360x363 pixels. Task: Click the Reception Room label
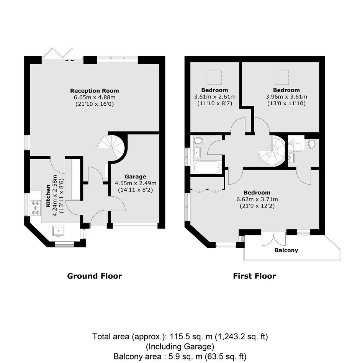coord(95,90)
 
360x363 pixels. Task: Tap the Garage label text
coord(136,177)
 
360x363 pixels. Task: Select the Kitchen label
coord(48,196)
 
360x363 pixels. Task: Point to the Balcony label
coord(286,250)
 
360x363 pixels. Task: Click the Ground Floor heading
coord(95,276)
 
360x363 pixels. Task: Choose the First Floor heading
coord(254,276)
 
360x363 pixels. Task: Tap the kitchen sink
coord(58,231)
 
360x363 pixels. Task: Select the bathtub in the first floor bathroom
coord(207,167)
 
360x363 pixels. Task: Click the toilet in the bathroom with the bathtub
coord(198,140)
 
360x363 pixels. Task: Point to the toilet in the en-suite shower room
coord(312,144)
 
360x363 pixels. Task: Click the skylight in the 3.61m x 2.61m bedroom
coord(214,78)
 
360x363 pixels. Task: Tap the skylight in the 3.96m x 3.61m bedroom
coord(282,78)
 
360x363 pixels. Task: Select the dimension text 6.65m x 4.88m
coord(95,97)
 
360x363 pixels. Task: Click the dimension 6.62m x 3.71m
coord(257,199)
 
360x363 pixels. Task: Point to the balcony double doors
coord(274,239)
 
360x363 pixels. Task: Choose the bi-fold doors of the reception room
coord(58,54)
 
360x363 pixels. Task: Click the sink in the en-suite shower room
coord(291,158)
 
